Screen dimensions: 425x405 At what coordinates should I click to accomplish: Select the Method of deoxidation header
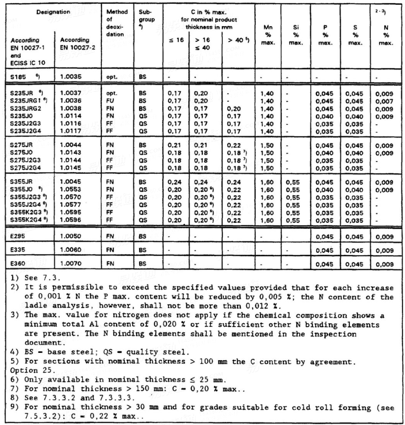click(x=115, y=24)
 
